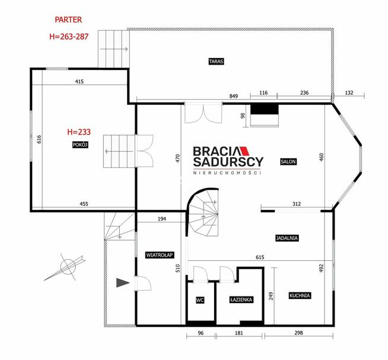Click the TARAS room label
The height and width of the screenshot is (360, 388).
click(216, 61)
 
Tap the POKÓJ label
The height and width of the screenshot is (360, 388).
click(80, 145)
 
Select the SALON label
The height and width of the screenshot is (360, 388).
click(288, 162)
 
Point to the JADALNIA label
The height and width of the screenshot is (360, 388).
click(287, 238)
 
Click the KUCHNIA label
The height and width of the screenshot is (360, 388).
click(300, 295)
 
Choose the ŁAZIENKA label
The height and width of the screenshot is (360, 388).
click(241, 300)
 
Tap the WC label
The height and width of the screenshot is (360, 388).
click(200, 300)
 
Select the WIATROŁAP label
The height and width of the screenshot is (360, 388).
click(160, 255)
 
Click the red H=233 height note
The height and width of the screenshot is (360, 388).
click(79, 132)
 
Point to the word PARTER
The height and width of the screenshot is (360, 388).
click(68, 20)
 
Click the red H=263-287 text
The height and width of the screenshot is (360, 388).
click(69, 37)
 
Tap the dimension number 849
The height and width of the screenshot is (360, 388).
click(234, 96)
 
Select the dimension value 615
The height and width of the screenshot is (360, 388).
click(260, 257)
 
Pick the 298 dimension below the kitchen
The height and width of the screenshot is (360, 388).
click(298, 333)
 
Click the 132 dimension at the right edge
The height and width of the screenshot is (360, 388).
click(349, 93)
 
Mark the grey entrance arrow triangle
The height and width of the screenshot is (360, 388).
click(123, 282)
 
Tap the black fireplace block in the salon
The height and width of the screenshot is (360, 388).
click(265, 109)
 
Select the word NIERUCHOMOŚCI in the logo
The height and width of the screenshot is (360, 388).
click(227, 173)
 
